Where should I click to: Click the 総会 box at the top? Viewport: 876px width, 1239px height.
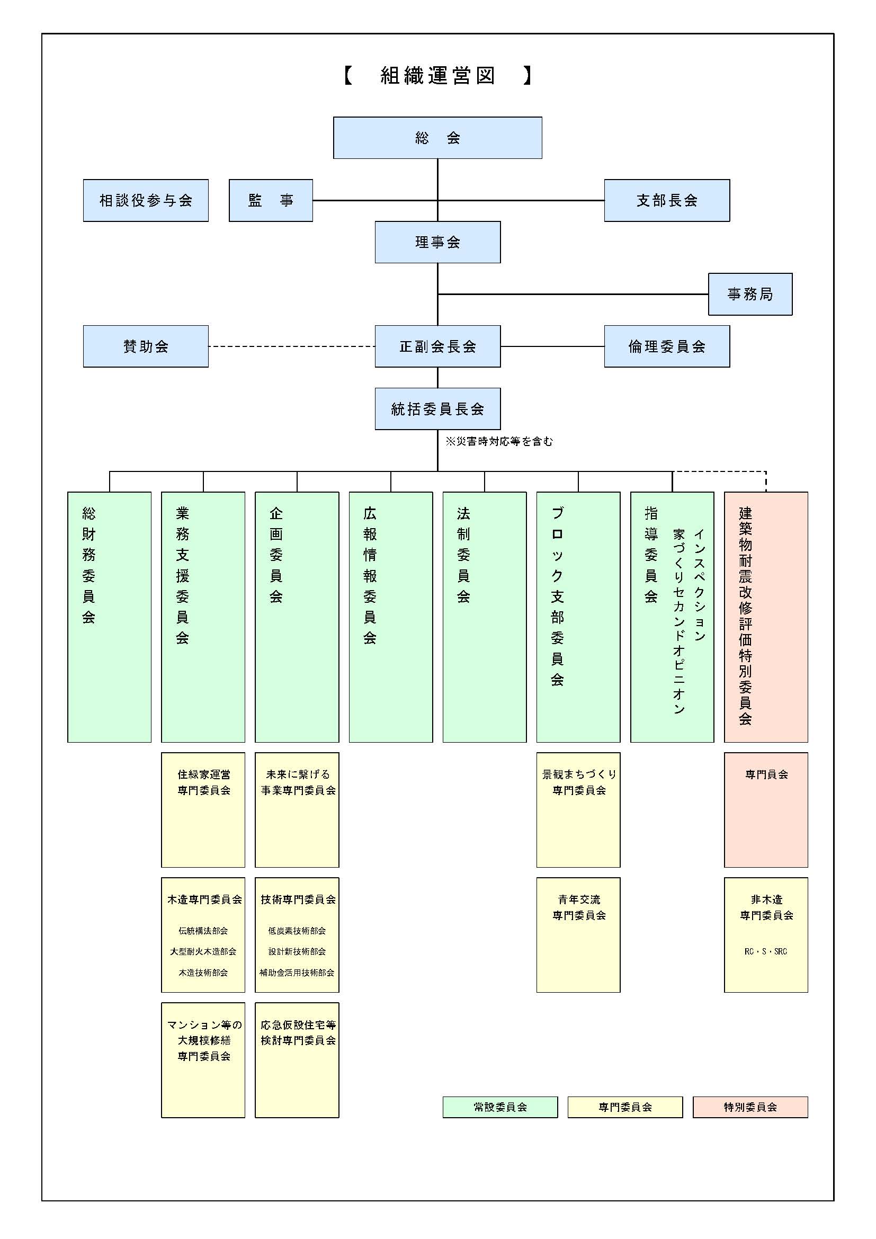[437, 138]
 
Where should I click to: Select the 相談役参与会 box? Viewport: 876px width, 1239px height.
[146, 200]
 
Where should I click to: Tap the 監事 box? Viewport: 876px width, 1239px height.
[271, 200]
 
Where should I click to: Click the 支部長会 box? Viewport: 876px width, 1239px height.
[667, 200]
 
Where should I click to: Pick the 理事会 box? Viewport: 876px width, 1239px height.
[437, 242]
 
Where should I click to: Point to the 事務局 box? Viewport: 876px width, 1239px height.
[750, 294]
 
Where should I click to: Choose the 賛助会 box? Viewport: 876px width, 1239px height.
[146, 346]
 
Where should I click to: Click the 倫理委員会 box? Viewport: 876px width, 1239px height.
[667, 346]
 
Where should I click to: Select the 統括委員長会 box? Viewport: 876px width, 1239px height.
[437, 408]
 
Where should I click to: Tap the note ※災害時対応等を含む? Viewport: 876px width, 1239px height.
[499, 441]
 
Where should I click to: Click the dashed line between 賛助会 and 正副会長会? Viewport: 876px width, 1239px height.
[291, 346]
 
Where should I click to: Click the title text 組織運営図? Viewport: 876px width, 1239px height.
[437, 76]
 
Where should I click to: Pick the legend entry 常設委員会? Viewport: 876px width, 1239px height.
[500, 1107]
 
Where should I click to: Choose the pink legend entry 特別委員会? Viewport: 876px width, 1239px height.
[750, 1107]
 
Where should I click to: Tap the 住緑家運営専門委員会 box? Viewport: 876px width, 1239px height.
[203, 809]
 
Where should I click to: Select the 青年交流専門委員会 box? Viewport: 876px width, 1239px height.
[578, 934]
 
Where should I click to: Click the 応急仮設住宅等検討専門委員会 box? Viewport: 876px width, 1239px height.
[297, 1060]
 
